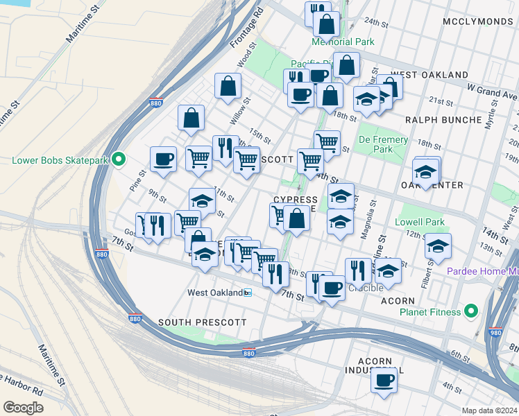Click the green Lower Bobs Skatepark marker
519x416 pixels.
pos(118,160)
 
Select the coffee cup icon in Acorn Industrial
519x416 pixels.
pos(384,379)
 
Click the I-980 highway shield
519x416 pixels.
pos(495,331)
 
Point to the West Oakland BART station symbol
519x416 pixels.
pos(248,293)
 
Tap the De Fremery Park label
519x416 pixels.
pos(383,144)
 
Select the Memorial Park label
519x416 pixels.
pos(343,42)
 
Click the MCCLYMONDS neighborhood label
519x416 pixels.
pos(479,21)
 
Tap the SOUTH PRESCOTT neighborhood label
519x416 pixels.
pos(192,322)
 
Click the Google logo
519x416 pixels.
pos(23,407)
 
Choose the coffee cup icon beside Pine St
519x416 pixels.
pos(163,159)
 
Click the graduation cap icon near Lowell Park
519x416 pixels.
pos(438,245)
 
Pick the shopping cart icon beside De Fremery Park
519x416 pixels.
pos(327,142)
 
